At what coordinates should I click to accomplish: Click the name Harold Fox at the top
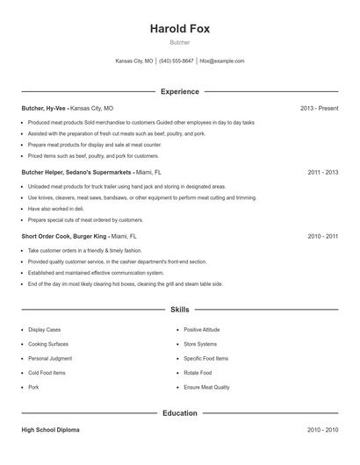click(x=180, y=29)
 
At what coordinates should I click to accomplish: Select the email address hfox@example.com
click(x=222, y=61)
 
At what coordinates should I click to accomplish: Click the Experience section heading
click(x=180, y=91)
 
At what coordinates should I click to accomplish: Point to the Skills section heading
click(x=180, y=310)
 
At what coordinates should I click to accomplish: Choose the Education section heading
click(x=180, y=412)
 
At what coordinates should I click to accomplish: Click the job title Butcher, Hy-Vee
click(x=44, y=108)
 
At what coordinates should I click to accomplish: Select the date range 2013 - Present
click(x=319, y=108)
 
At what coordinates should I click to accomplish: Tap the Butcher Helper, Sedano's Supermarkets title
click(x=64, y=173)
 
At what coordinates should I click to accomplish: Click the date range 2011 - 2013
click(x=322, y=173)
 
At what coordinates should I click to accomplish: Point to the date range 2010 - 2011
click(x=322, y=237)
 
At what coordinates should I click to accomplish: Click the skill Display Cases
click(x=45, y=330)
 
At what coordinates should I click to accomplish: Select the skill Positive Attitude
click(x=201, y=330)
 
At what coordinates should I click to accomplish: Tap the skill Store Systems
click(x=200, y=344)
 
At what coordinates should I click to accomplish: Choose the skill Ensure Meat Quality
click(x=207, y=387)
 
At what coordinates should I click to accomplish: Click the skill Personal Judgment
click(x=49, y=358)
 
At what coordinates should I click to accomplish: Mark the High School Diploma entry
click(x=51, y=430)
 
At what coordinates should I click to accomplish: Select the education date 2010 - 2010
click(x=322, y=430)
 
